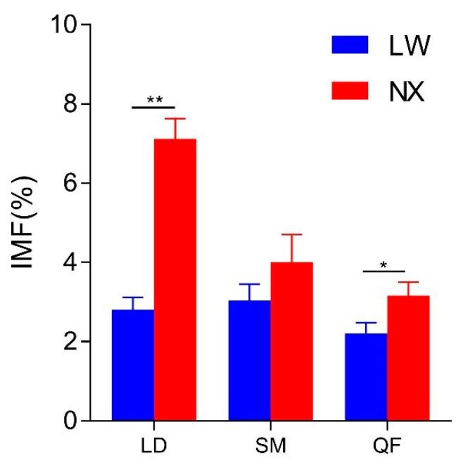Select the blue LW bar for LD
[133, 365]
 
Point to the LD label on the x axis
[154, 447]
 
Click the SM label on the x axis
[271, 447]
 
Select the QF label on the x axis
[388, 447]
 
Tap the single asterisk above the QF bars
[383, 265]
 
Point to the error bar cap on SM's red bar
[291, 234]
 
